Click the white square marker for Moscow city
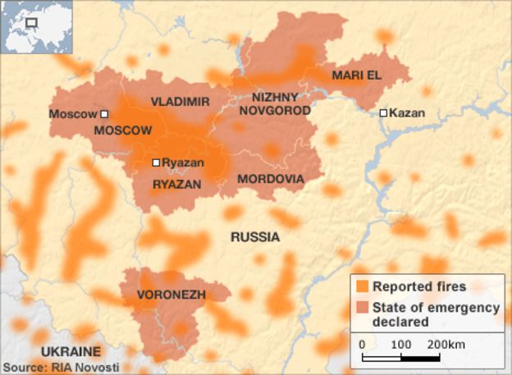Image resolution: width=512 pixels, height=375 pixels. point(104,114)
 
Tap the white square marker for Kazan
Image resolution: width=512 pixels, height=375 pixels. point(383,113)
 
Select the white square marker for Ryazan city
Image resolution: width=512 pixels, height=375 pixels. point(156,162)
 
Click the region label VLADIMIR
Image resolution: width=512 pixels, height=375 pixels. point(180,102)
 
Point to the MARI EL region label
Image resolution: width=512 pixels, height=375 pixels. point(357,75)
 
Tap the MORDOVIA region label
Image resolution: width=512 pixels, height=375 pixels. point(270,179)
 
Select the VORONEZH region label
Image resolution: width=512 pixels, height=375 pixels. point(171,295)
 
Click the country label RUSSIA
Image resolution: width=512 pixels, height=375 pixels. point(254,237)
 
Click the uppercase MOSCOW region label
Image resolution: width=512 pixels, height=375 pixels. point(123,130)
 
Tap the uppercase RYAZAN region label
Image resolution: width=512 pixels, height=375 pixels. point(176,185)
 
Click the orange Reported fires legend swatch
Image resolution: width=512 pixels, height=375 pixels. point(362,287)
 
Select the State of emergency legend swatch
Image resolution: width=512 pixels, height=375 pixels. point(362,308)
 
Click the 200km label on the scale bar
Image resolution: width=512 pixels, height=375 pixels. point(446,343)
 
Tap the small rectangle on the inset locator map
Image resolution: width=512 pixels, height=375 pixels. point(32,22)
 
